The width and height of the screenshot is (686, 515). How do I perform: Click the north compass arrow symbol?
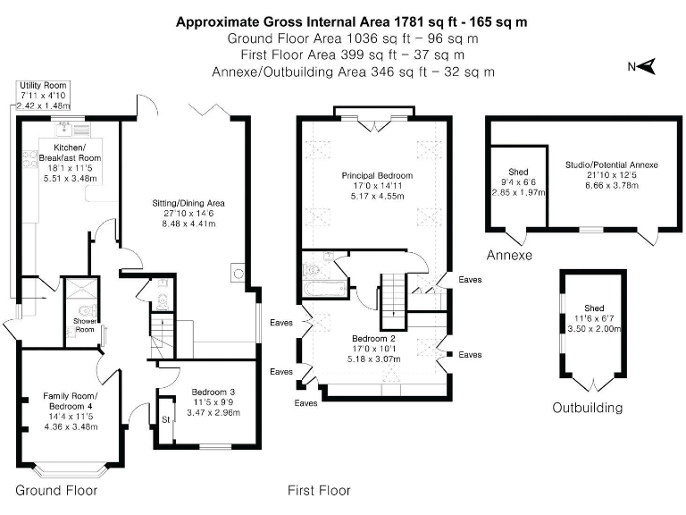(647, 65)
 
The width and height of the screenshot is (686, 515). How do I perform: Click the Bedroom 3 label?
(213, 392)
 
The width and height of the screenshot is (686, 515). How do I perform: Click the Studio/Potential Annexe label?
(611, 165)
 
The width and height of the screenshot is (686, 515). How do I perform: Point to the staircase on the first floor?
(394, 302)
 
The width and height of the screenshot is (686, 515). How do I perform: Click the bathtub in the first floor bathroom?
(322, 291)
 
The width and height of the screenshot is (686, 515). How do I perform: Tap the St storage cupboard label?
(165, 418)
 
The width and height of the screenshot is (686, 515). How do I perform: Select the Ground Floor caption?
(56, 490)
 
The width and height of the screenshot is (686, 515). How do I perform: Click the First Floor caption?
(319, 490)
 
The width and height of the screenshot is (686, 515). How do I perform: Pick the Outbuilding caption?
(587, 408)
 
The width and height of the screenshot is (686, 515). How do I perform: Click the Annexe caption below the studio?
(509, 256)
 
